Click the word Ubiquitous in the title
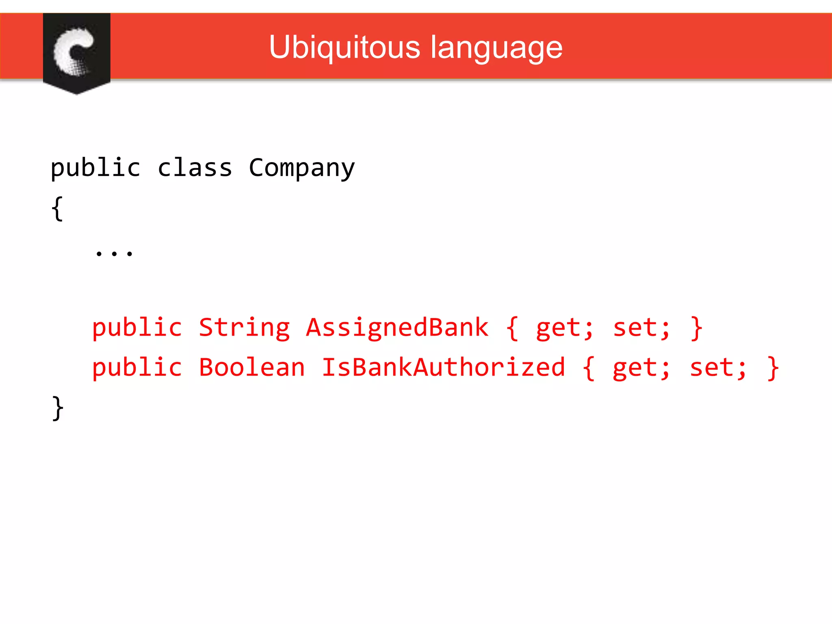344,48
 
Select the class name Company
301,168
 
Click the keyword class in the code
195,168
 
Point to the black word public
95,168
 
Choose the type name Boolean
252,367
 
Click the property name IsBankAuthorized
443,367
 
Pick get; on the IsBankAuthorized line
641,368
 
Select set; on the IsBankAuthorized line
718,367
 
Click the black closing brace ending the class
58,408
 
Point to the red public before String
137,328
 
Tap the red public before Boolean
137,368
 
